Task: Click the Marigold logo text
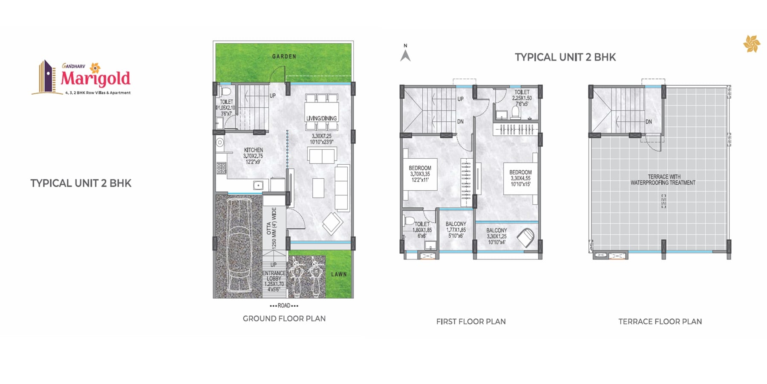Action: pos(95,79)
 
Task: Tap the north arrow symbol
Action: pos(405,55)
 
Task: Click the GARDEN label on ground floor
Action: pos(284,56)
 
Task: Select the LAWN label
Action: pos(339,274)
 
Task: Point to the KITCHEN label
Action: pos(254,150)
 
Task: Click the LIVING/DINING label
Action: pos(321,119)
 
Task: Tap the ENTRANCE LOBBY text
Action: pos(274,276)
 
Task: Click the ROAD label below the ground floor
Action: pos(284,305)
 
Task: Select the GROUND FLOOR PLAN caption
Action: pos(284,319)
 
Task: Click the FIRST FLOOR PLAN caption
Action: pos(471,322)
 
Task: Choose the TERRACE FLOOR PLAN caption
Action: pos(660,322)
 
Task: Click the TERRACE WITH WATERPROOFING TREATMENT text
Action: pos(663,180)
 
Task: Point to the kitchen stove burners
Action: pos(221,168)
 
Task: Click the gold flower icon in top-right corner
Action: pos(751,44)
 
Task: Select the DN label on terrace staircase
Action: pos(649,122)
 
